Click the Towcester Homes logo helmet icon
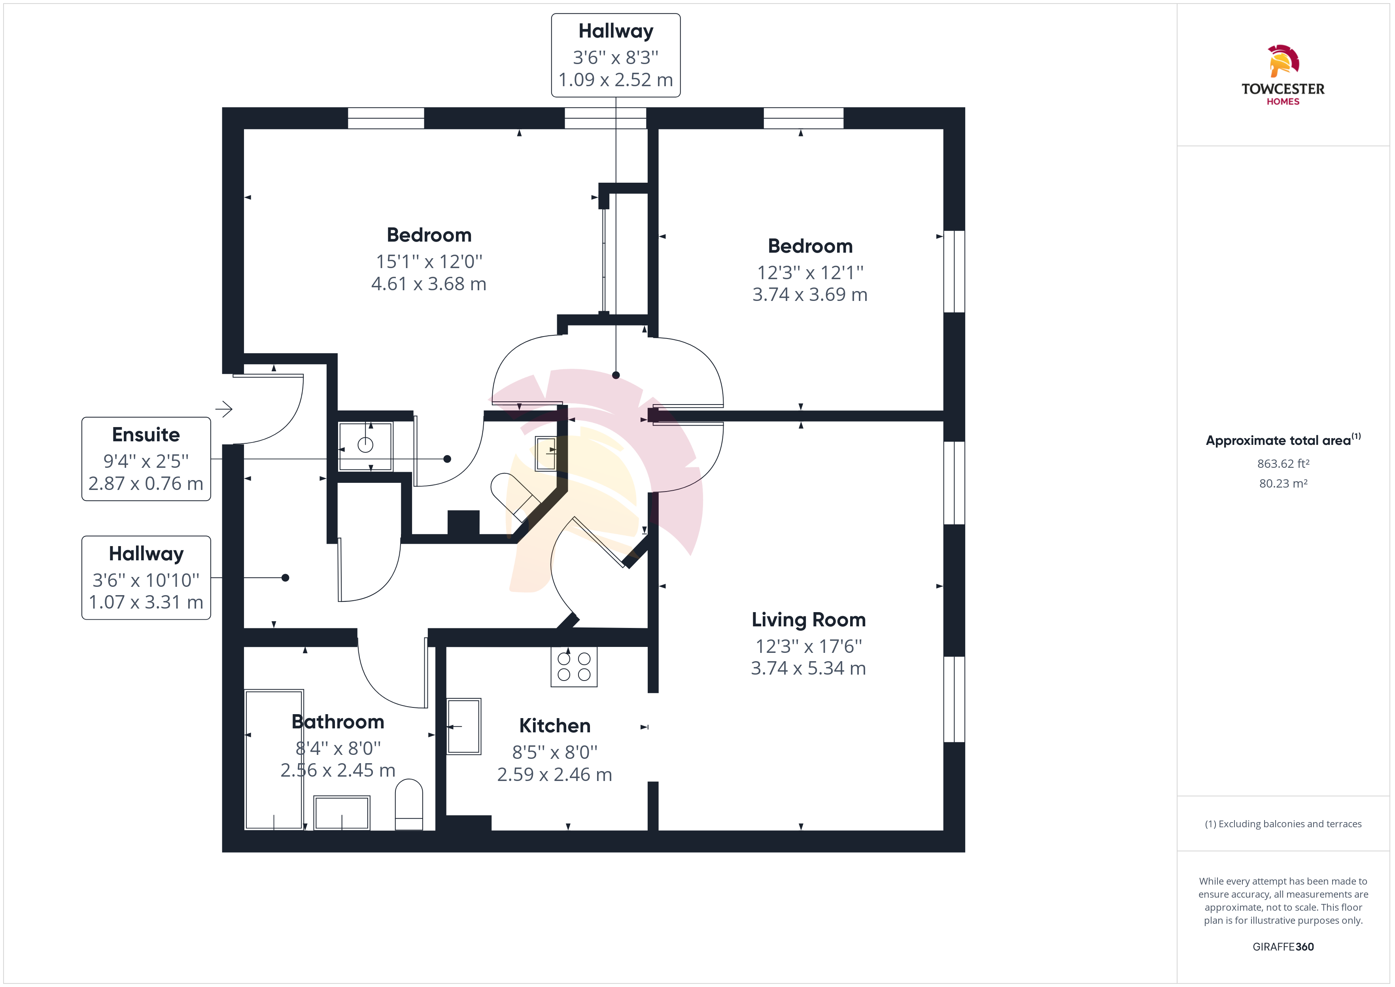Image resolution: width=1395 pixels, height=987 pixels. pos(1283,61)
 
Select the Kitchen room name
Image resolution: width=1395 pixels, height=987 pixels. pos(555,725)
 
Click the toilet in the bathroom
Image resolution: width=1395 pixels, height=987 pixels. pos(409,804)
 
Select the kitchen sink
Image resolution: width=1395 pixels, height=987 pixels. pos(464,726)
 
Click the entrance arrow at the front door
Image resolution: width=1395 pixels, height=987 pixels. pos(223,409)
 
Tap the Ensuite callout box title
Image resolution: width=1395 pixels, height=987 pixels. pos(146,435)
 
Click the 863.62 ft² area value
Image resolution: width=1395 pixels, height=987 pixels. pos(1283,464)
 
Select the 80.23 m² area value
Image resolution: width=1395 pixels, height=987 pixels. pos(1283,484)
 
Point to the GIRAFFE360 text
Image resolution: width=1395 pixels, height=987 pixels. pos(1283,947)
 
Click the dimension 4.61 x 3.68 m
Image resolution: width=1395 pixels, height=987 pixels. pos(429,284)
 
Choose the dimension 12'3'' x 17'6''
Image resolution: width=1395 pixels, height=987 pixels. pos(808,646)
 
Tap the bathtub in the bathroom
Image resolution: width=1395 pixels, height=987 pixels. pos(274,759)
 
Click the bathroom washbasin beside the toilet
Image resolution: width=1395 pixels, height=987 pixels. pos(342,813)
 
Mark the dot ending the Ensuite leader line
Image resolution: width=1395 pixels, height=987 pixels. pos(447,459)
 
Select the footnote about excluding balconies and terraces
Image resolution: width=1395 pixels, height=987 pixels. pos(1283,824)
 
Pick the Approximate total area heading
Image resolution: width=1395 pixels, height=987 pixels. pos(1283,440)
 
